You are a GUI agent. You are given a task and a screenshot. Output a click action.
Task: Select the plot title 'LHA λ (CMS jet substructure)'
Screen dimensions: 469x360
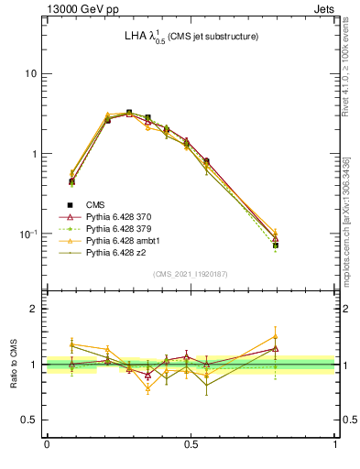[x=191, y=37]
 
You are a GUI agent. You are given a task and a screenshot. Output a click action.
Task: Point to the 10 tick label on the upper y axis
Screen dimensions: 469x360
[x=30, y=73]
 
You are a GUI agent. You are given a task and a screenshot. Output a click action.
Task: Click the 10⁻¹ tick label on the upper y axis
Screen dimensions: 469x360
[x=27, y=234]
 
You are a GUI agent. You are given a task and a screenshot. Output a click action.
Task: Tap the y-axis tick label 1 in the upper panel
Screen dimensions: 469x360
[x=34, y=154]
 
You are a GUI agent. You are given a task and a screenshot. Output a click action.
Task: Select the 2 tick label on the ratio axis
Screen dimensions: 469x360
[x=34, y=310]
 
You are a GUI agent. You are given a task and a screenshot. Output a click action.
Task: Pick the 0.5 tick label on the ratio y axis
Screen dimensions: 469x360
[x=29, y=420]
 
